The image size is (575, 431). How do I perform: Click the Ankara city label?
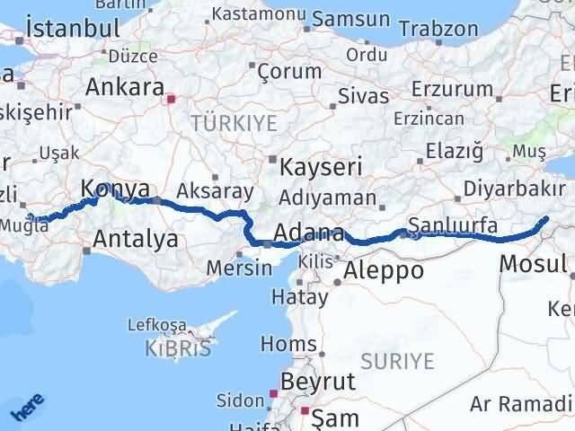[x=124, y=89]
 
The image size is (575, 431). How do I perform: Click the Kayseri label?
[x=321, y=167]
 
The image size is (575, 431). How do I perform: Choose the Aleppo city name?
[x=385, y=270]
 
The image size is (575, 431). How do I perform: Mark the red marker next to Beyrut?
[x=275, y=392]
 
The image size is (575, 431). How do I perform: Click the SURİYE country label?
[x=397, y=361]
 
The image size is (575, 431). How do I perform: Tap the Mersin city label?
[x=239, y=268]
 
